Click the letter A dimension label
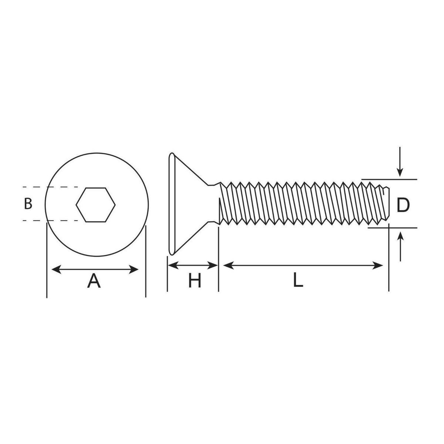[x=94, y=281]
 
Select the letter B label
[x=28, y=204]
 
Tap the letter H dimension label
[x=195, y=281]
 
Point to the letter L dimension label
[x=298, y=281]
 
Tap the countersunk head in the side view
[x=185, y=203]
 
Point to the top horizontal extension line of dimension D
[x=392, y=179]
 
